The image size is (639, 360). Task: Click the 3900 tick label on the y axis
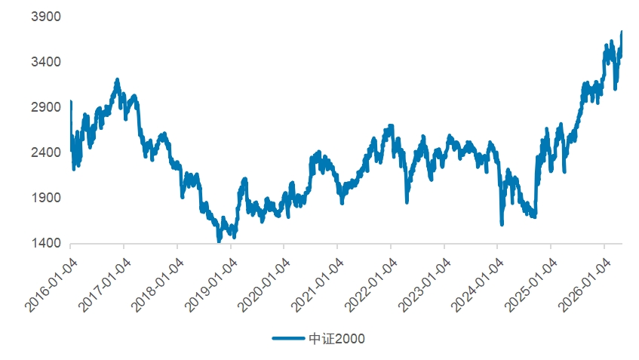(45, 17)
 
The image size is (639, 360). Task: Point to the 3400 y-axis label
(45, 62)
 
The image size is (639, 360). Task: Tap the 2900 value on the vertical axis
(45, 107)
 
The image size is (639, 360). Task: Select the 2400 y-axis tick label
(45, 152)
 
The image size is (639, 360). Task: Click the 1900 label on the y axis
(45, 198)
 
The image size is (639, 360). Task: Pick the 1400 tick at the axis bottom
(45, 243)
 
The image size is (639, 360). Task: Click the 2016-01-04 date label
(51, 285)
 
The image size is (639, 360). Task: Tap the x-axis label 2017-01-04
(105, 285)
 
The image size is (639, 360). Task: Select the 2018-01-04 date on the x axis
(158, 285)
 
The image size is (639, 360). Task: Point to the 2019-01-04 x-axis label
(211, 285)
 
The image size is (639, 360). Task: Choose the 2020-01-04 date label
(265, 285)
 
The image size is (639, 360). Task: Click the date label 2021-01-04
(318, 285)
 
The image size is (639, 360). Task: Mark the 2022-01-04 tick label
(371, 285)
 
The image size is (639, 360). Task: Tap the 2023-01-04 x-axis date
(425, 285)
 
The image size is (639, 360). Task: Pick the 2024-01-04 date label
(478, 285)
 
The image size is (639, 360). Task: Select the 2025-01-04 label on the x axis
(531, 285)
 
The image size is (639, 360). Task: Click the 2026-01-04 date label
(585, 285)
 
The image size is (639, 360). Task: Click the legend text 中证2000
(336, 338)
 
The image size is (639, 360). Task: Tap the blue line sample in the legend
(288, 338)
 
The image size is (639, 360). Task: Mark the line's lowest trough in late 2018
(220, 242)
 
